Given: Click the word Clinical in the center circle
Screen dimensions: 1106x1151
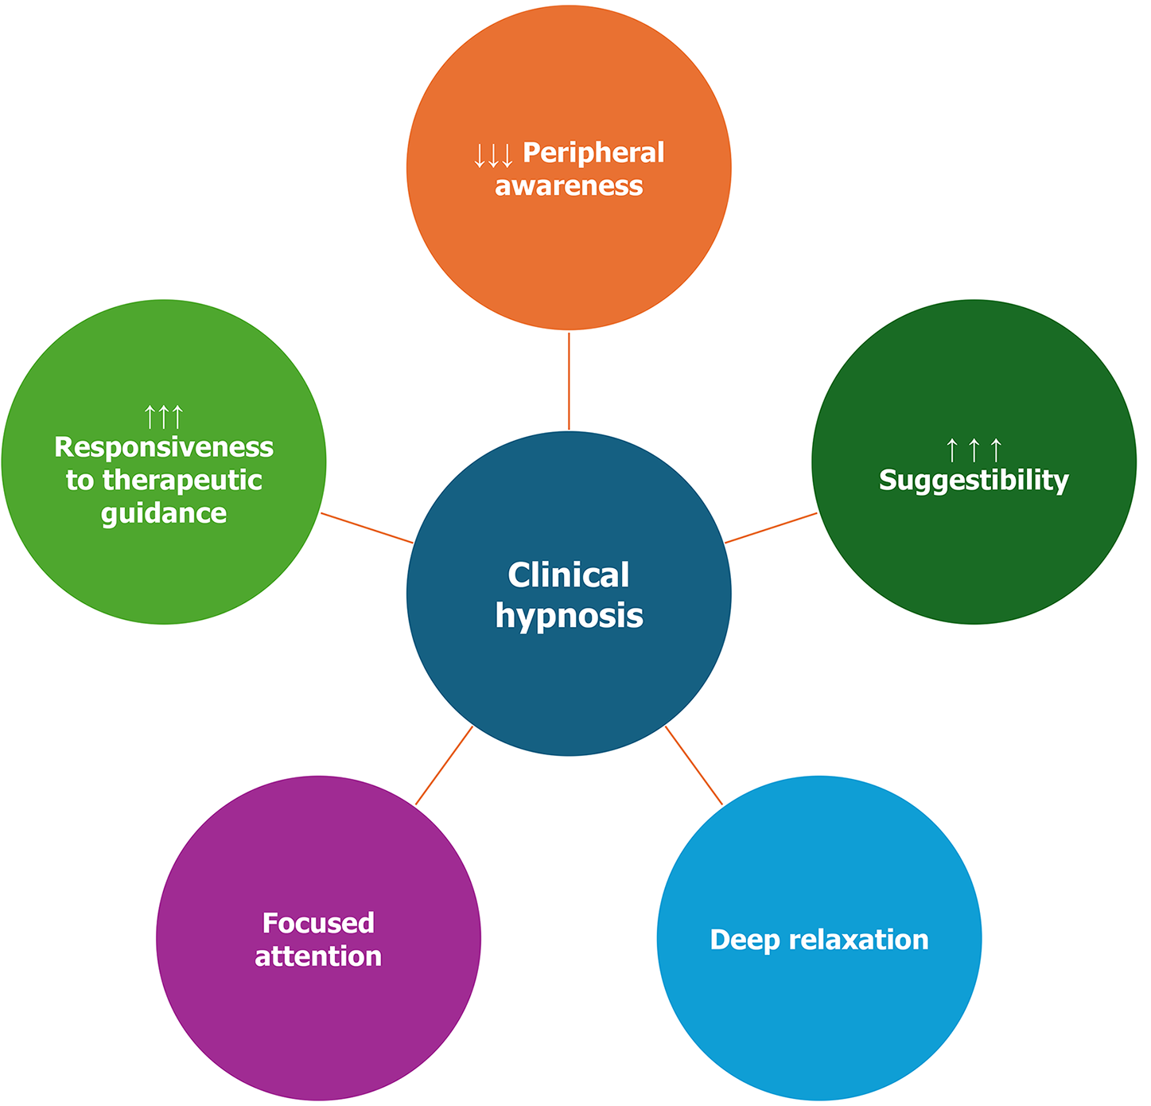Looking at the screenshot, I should tap(568, 574).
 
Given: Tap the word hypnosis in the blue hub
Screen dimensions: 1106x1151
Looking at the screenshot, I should tap(569, 616).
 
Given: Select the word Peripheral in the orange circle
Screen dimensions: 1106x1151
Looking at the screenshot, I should tap(593, 152).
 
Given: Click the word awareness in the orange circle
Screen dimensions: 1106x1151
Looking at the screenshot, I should tap(569, 185).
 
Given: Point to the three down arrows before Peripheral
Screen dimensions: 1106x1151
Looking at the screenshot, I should tap(493, 155).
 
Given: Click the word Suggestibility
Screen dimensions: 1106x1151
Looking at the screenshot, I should tap(974, 480).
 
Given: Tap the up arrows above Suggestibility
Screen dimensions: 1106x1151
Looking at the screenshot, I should tap(974, 450).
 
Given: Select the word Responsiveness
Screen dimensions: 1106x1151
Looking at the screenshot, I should tap(164, 447).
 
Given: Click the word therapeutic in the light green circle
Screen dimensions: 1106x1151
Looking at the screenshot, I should tap(182, 480).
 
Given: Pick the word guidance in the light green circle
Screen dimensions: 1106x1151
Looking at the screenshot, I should tap(164, 513).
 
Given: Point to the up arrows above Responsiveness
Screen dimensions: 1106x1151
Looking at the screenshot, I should tap(164, 416).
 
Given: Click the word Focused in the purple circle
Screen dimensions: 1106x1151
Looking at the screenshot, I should tap(318, 923).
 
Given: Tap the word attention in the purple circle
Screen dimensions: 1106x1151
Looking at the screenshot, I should tap(318, 956).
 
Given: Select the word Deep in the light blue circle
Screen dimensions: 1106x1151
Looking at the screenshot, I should tap(740, 940).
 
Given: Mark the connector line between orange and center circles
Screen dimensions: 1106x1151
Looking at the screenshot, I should tap(569, 380).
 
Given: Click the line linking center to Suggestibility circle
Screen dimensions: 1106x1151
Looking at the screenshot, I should tap(771, 528).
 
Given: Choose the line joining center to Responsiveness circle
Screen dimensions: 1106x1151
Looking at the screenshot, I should tap(367, 528).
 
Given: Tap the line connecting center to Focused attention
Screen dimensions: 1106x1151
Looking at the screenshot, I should tap(444, 765).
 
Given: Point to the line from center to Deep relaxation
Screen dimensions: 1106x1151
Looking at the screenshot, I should tap(694, 765).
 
